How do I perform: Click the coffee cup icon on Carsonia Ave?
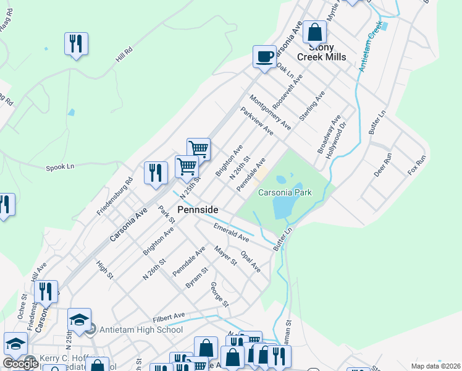(x=264, y=57)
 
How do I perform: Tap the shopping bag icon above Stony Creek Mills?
(x=315, y=32)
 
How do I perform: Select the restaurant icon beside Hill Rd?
(x=77, y=43)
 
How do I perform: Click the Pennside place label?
(x=198, y=210)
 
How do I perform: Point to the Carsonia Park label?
(x=285, y=192)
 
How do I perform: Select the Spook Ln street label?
(x=60, y=167)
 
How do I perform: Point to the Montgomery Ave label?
(x=270, y=112)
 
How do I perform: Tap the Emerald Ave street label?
(x=231, y=233)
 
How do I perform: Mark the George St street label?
(x=219, y=295)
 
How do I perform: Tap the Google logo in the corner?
(x=20, y=364)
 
